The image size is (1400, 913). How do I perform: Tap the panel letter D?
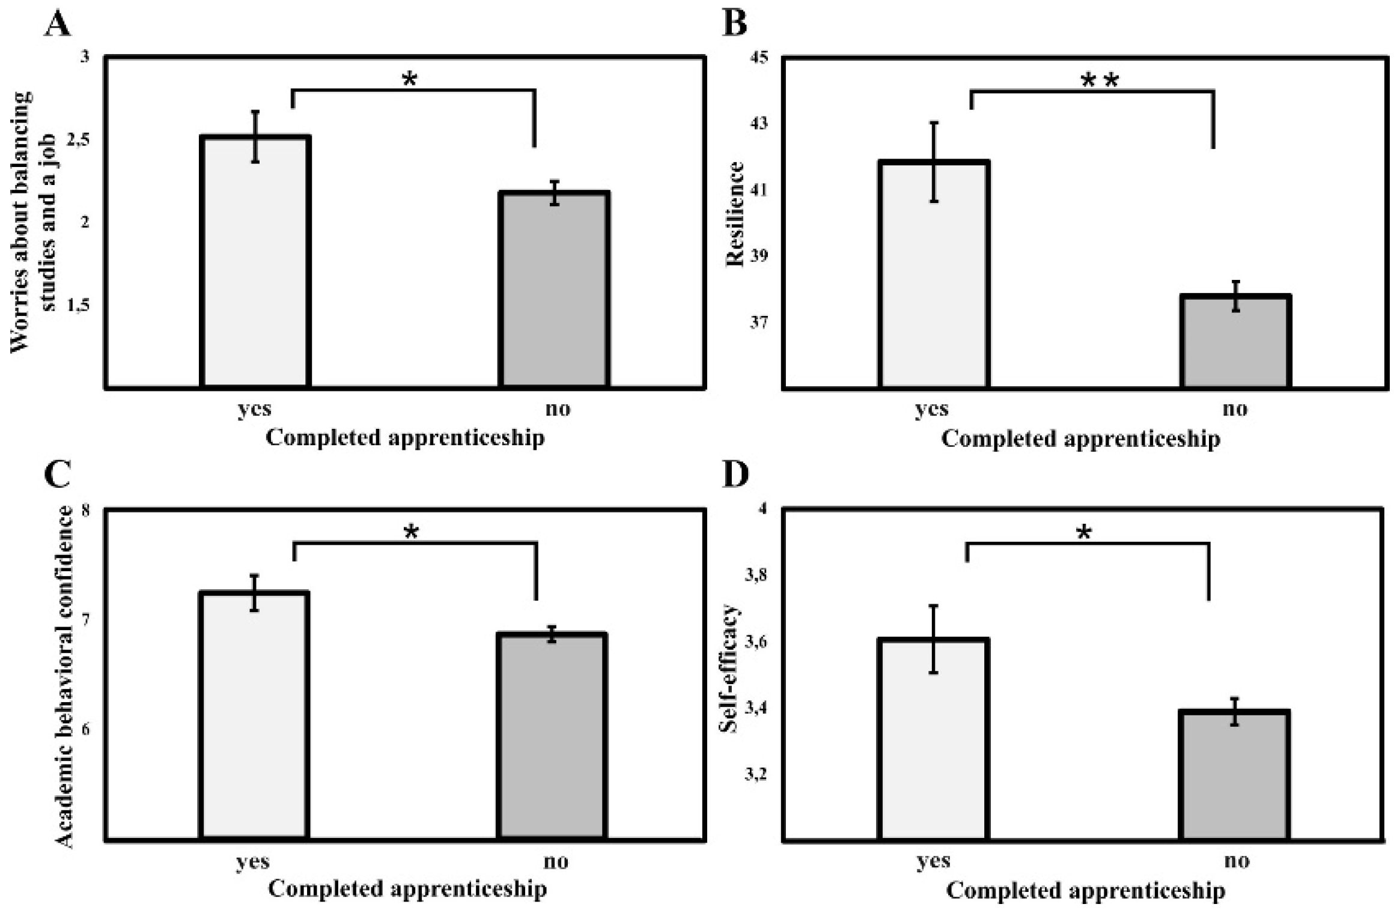coord(735,475)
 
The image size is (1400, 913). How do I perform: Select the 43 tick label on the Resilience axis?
coord(759,124)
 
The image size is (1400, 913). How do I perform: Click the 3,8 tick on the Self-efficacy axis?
coord(756,575)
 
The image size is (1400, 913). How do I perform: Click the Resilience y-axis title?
coord(735,214)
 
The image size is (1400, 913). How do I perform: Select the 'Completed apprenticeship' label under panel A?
coord(405,437)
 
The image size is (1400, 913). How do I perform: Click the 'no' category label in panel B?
coord(1235,409)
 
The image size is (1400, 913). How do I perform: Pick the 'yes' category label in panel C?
coord(252,861)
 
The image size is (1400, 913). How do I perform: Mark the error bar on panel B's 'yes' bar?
coord(934,162)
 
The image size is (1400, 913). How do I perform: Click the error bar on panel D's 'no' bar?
coord(1235,711)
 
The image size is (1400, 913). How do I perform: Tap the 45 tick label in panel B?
coord(759,58)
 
